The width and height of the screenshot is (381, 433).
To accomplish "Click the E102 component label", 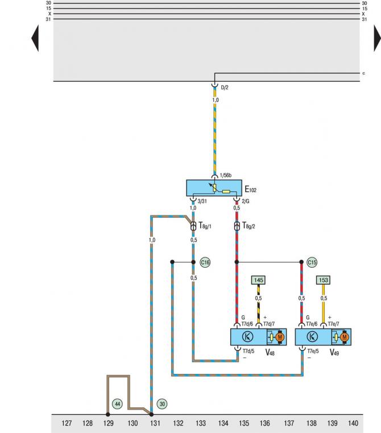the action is [x=251, y=189].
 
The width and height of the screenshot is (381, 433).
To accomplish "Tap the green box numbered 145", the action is [x=258, y=280].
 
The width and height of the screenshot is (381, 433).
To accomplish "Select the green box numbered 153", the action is [x=323, y=280].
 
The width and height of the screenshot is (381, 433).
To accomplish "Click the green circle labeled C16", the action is [x=205, y=262].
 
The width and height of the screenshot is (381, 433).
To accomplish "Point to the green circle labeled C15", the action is [x=312, y=262].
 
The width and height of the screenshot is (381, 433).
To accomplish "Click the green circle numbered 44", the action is [x=117, y=404].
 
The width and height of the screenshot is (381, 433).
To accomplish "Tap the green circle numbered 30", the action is [x=162, y=404].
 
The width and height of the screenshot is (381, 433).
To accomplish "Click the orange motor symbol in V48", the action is [x=280, y=337].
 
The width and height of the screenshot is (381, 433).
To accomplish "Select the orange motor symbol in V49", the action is [x=344, y=337].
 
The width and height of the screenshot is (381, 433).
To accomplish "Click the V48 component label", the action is [x=270, y=353].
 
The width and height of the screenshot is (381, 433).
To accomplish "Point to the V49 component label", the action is [x=334, y=353].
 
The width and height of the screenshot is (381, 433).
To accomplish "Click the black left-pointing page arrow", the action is [x=35, y=38].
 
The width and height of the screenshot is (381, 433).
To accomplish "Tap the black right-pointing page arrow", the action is [x=377, y=38].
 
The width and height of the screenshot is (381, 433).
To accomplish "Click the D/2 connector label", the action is [x=225, y=88].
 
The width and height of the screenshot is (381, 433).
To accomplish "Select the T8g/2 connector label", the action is [x=249, y=226].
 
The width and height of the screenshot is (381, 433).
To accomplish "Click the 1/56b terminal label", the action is [x=226, y=176].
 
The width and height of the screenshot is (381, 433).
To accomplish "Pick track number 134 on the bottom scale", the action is [x=223, y=423].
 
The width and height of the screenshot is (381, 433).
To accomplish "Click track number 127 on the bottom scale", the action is [x=67, y=423].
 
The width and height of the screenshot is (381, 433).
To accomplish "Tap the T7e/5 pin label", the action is [x=313, y=351].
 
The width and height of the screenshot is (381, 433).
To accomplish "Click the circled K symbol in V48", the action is [x=247, y=336].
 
